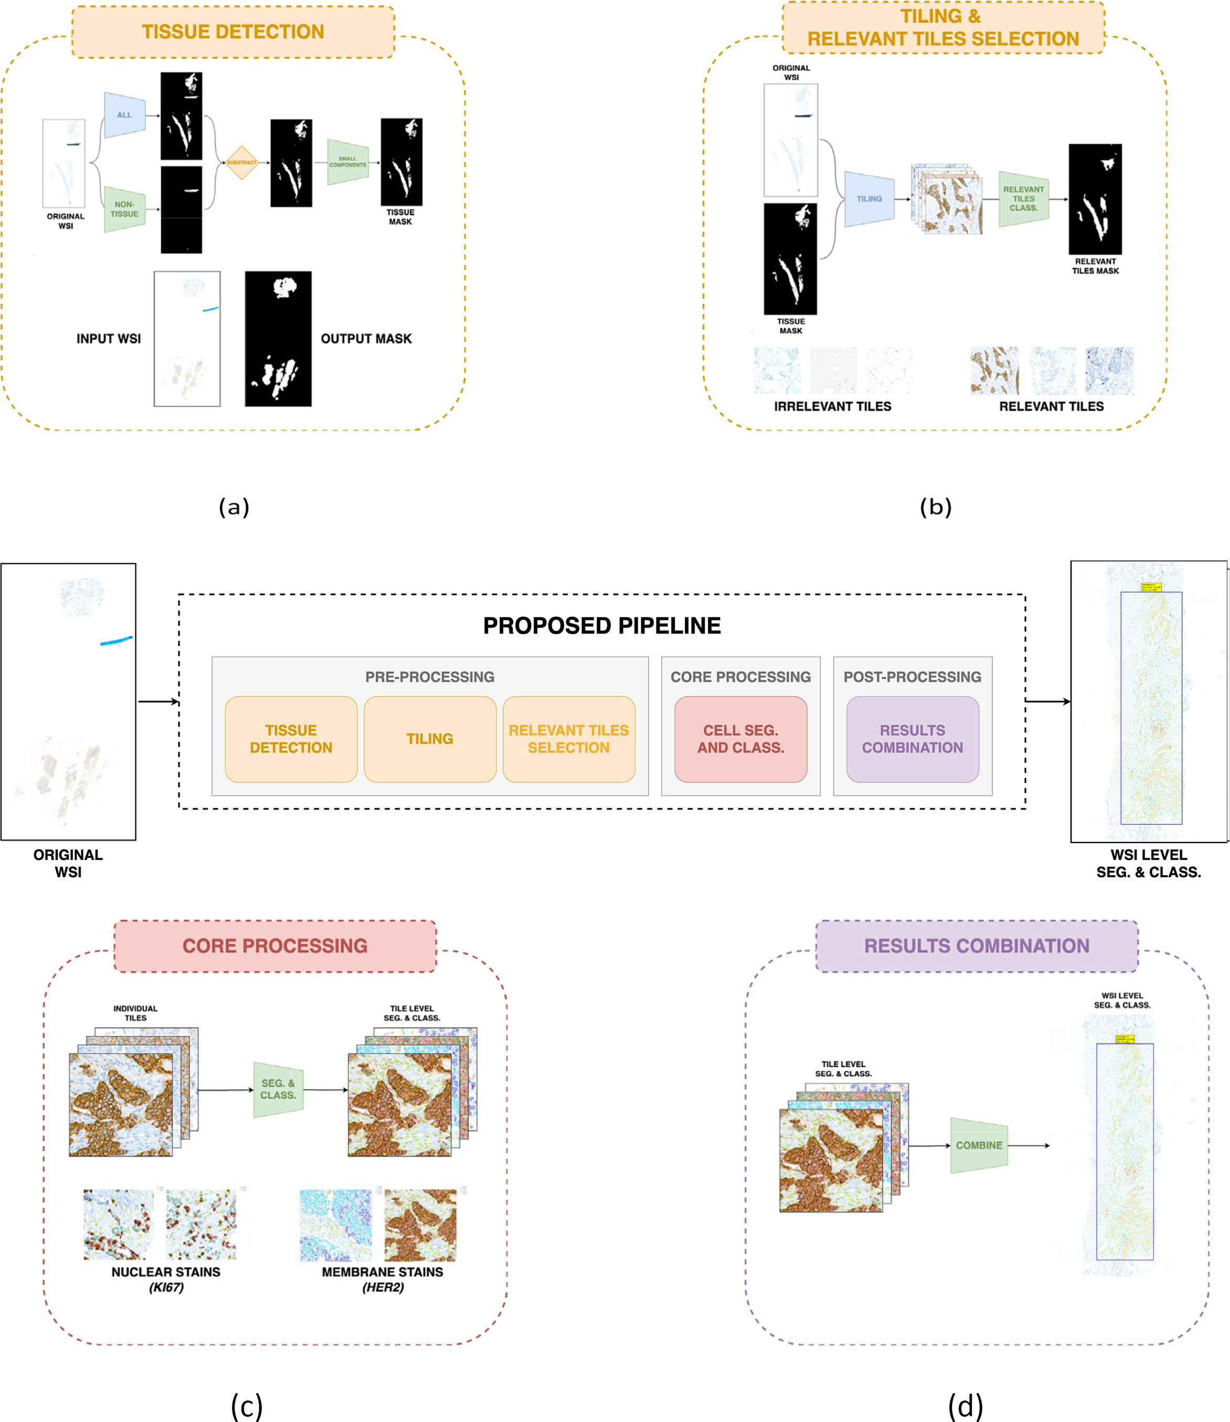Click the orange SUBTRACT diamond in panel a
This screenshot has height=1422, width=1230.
point(242,163)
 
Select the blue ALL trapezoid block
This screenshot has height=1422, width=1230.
point(125,115)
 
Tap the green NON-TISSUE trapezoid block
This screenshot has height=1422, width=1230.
point(125,209)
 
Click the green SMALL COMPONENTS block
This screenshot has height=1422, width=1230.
point(347,162)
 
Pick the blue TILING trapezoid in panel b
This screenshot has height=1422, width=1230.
point(870,199)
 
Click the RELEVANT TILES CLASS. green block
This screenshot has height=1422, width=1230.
point(1023,199)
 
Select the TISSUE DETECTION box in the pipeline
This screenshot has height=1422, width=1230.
point(291,739)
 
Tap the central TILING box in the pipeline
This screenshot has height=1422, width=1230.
point(430,739)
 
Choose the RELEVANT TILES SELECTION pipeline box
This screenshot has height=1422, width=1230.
point(569,739)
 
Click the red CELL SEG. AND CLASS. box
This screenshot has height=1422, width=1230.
point(740,739)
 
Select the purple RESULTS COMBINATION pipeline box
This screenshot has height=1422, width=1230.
point(912,739)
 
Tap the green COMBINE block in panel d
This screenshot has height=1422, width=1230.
point(979,1146)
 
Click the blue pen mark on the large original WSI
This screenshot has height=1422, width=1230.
point(115,642)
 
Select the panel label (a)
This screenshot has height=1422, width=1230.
point(234,507)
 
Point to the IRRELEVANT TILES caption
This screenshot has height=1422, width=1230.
point(832,406)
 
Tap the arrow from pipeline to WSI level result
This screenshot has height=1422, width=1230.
point(1048,702)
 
